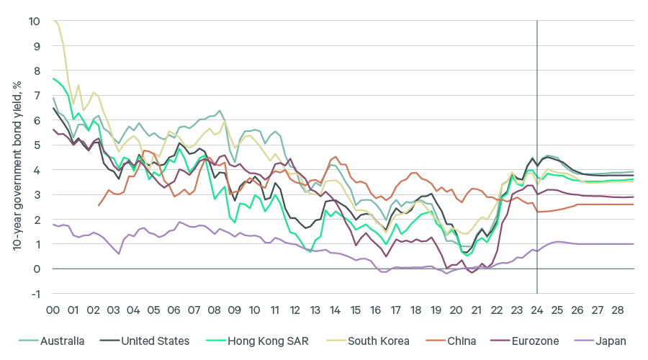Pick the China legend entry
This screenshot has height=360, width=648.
coord(460,341)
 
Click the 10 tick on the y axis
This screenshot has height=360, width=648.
coord(35,22)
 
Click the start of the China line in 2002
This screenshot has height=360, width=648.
coord(99,206)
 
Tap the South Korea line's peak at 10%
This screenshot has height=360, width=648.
coord(54,22)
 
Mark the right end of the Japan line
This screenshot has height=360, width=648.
coord(634,244)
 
